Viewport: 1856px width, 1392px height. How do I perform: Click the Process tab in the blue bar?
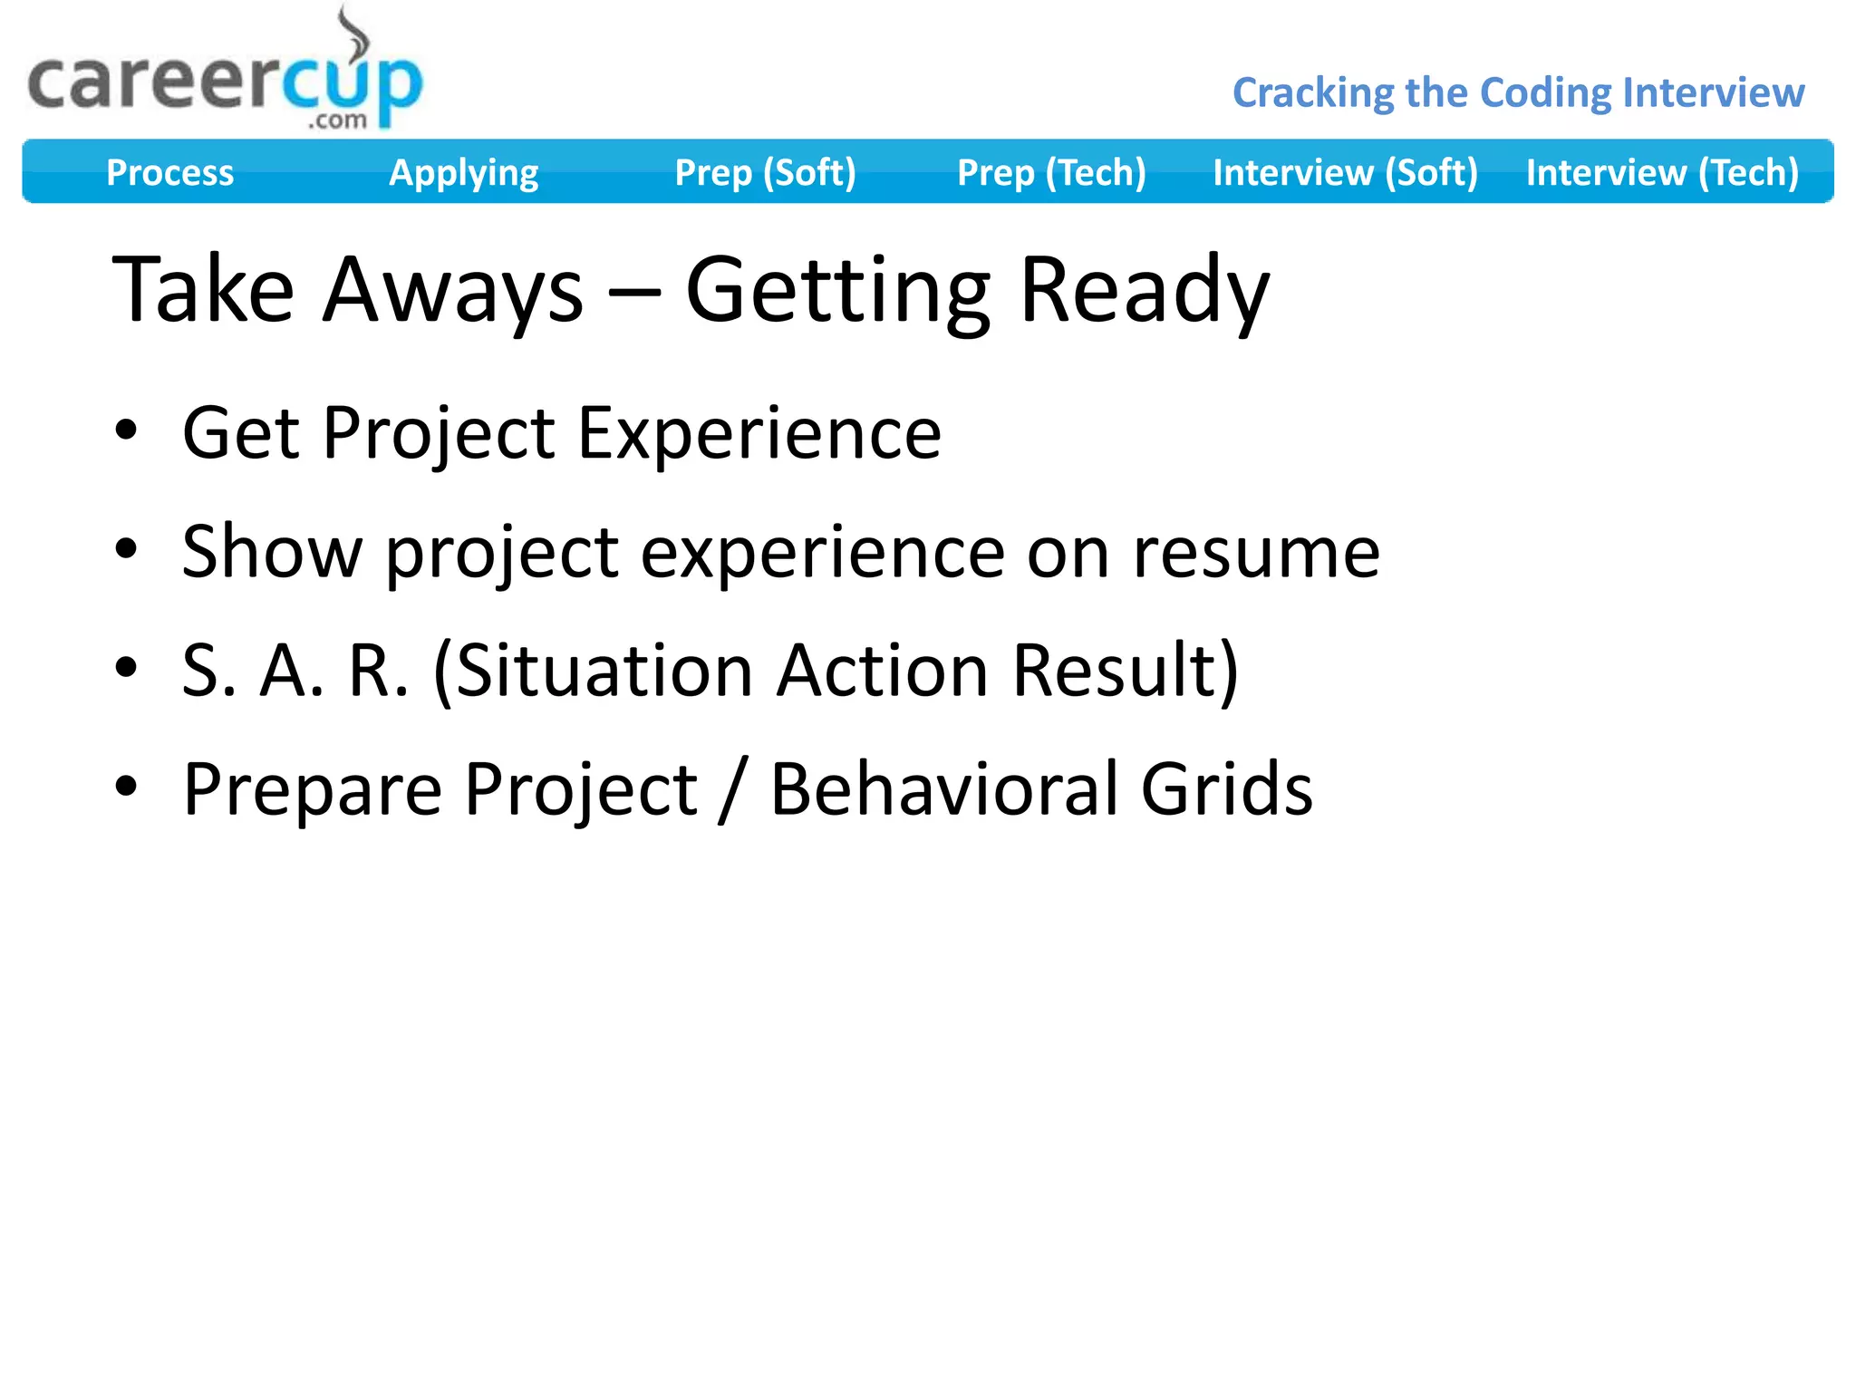[169, 172]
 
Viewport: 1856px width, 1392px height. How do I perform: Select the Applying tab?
[463, 172]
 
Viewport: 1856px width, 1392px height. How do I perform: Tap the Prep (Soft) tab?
[765, 172]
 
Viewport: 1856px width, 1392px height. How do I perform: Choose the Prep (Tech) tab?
[1051, 172]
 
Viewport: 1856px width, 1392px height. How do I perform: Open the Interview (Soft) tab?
[1345, 172]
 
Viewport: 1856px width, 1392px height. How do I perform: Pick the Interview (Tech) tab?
[1662, 172]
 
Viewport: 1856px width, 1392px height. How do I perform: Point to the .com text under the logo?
[337, 121]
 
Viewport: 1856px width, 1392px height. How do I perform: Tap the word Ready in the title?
[1144, 290]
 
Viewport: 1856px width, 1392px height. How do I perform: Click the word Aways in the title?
[453, 290]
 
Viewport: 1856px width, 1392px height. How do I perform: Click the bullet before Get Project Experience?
[126, 430]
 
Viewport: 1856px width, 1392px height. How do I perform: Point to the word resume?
[1256, 552]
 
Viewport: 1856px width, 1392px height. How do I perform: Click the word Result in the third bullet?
[1115, 671]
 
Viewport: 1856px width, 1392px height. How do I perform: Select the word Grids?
[1226, 789]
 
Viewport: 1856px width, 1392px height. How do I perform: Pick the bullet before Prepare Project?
[126, 786]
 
